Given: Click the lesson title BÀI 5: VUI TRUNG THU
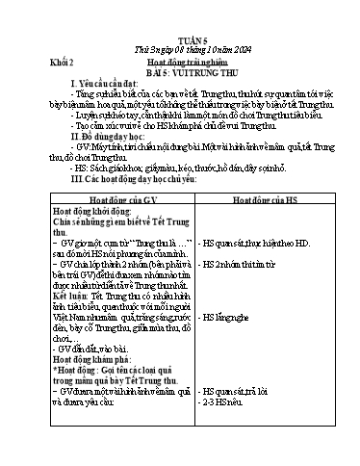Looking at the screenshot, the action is coord(195,42).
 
